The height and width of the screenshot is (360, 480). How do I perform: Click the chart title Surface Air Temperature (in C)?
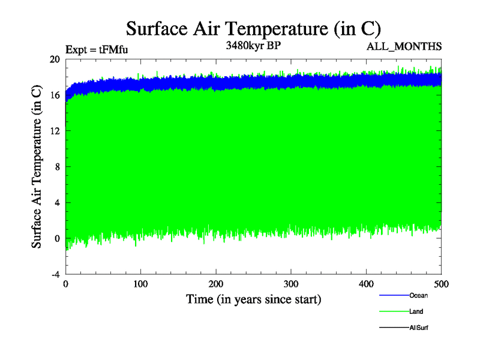(253, 28)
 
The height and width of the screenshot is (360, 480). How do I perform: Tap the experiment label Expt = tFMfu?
(96, 50)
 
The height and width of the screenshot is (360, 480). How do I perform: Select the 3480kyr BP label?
(253, 46)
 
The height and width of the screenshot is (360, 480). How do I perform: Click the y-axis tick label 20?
(55, 59)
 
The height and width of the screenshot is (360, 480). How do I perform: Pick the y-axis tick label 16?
(55, 95)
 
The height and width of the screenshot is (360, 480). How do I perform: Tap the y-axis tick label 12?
(55, 131)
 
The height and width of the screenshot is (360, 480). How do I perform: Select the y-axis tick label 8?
(57, 167)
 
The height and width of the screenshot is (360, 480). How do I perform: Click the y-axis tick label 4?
(57, 202)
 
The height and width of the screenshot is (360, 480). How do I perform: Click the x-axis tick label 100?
(140, 284)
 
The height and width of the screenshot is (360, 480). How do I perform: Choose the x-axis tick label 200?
(216, 284)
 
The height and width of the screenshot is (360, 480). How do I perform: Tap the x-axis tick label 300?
(291, 284)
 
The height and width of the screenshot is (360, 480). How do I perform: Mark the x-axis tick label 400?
(366, 284)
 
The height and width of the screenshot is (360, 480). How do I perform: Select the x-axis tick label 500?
(441, 284)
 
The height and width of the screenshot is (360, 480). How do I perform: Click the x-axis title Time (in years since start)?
(253, 299)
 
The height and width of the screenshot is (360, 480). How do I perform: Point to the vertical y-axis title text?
(37, 167)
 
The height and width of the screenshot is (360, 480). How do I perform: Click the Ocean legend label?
(418, 295)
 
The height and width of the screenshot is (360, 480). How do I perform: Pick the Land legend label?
(416, 311)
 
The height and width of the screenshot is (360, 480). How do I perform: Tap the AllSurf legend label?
(418, 328)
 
